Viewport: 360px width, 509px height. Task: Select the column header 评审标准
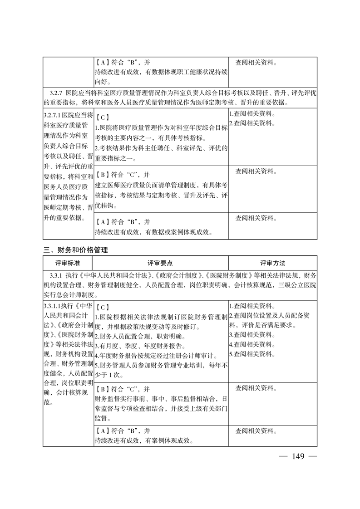point(68,263)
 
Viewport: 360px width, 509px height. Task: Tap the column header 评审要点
point(160,263)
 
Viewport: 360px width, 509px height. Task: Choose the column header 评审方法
point(272,263)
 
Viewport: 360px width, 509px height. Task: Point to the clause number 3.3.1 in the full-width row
point(56,275)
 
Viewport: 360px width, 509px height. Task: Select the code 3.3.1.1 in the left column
point(53,306)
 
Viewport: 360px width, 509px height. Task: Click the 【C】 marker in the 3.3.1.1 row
point(102,307)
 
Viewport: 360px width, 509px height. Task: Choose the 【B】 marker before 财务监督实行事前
point(102,389)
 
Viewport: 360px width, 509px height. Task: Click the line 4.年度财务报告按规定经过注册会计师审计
point(157,355)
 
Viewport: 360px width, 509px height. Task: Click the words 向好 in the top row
point(101,82)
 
